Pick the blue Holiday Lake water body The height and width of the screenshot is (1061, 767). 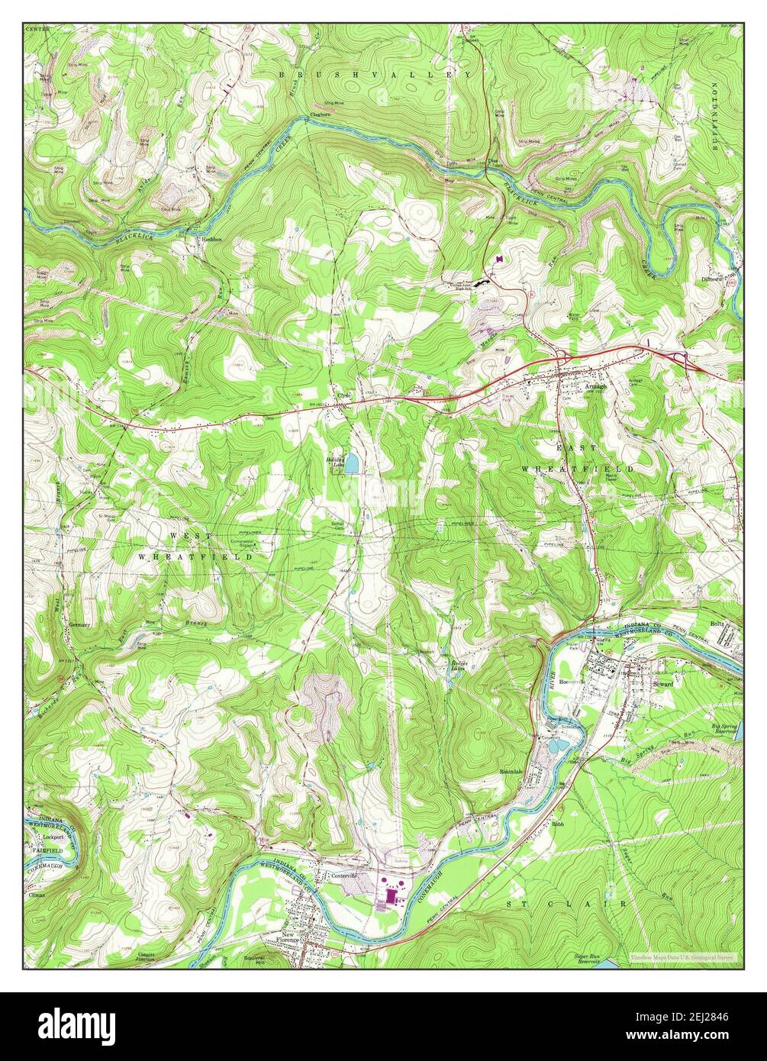click(x=352, y=463)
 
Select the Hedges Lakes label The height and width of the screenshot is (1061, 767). click(x=459, y=666)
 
